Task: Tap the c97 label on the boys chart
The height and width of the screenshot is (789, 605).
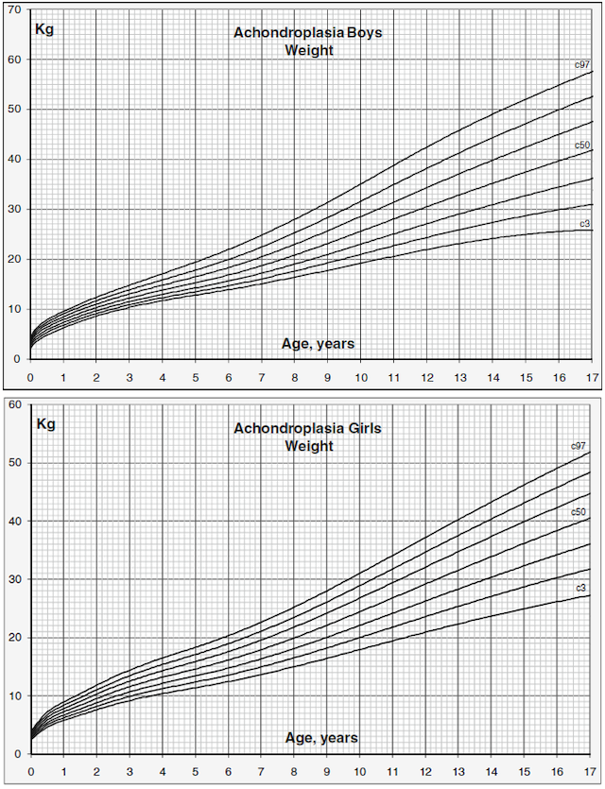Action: [x=583, y=64]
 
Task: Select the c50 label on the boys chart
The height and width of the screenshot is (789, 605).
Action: [x=583, y=145]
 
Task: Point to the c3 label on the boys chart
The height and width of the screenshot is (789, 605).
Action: [x=585, y=224]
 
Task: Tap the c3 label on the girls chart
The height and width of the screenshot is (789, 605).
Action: [x=581, y=588]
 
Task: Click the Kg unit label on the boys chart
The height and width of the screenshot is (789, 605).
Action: [x=45, y=27]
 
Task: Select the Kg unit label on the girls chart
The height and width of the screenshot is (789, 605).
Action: [x=45, y=423]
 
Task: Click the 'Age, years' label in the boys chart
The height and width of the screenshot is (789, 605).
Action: [x=319, y=344]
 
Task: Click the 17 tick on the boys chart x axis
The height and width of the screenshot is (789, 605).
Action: [x=592, y=377]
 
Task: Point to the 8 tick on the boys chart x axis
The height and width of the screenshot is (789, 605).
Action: [x=295, y=377]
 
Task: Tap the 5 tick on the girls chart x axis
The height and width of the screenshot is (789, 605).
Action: [x=196, y=771]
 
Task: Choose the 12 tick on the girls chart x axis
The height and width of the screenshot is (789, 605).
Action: [x=427, y=771]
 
